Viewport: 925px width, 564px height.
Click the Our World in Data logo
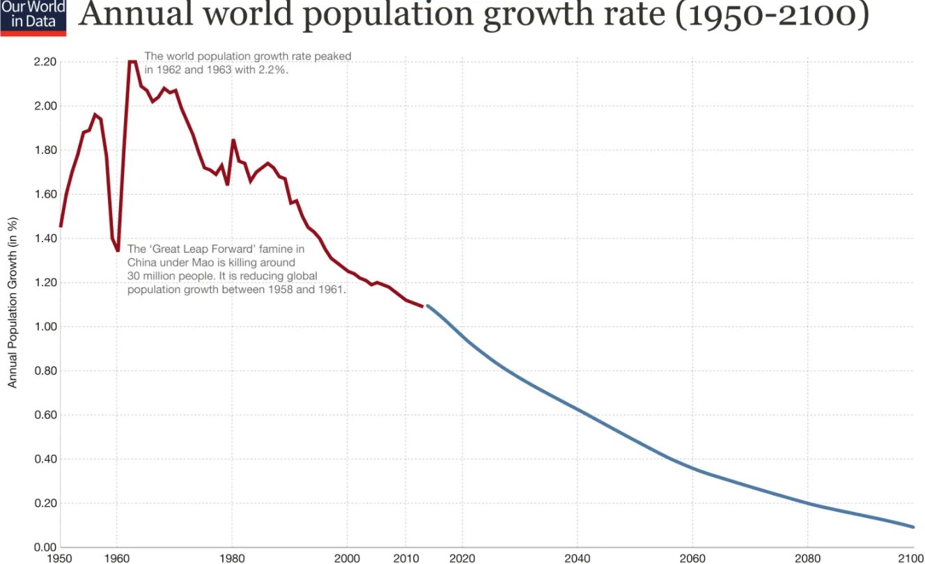coord(33,17)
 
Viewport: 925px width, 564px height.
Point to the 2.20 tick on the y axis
coord(45,62)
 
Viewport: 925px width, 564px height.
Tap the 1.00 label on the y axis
coord(45,327)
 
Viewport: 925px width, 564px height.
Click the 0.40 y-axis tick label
coord(45,459)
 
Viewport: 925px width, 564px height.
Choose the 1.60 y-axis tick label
coord(45,194)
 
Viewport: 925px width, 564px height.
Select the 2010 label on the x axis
coord(405,556)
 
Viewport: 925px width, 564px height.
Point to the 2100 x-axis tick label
coord(911,556)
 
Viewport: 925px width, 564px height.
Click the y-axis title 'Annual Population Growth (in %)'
coord(13,303)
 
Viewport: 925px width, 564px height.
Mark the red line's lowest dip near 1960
coord(118,250)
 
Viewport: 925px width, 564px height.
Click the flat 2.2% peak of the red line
coord(132,62)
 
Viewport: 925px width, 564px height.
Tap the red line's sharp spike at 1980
coord(233,141)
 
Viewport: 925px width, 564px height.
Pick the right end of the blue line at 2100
coord(912,526)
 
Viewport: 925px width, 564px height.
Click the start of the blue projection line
coord(428,306)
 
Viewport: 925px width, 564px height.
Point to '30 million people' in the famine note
coord(167,276)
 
